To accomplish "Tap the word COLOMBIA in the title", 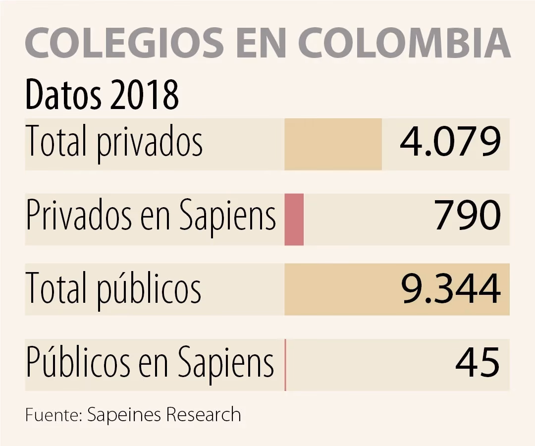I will point(404,44).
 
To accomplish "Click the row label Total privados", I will point(114,143).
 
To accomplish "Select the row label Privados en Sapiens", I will point(151,217).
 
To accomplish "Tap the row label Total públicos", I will point(113,289).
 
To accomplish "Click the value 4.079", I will point(450,143).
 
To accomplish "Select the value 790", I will point(468,217).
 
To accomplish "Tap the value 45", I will point(478,363).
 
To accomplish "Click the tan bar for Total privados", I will point(333,144).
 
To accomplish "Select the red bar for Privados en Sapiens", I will point(294,219).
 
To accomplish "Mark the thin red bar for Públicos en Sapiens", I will point(285,365).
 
